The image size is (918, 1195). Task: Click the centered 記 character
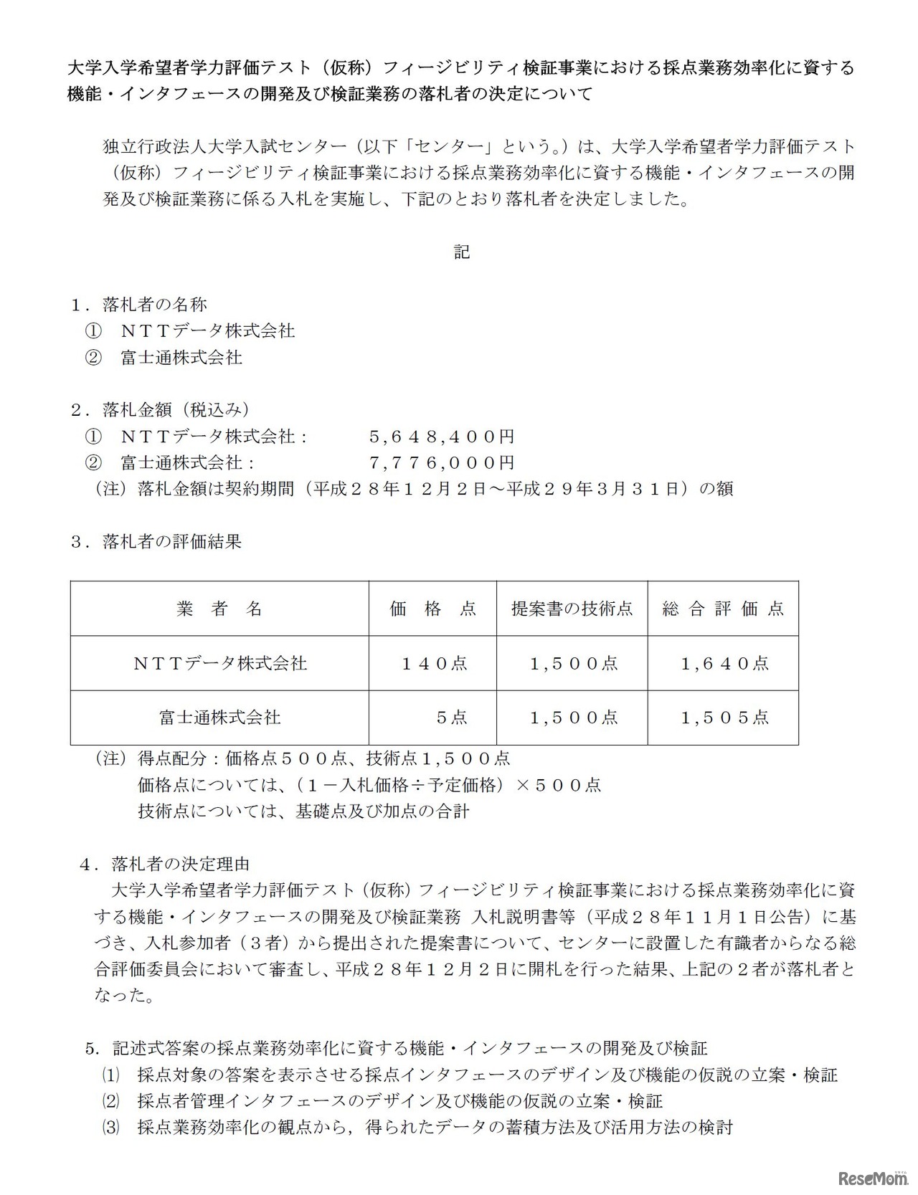pos(462,252)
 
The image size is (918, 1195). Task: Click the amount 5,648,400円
pos(442,437)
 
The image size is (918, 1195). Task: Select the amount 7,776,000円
pos(442,462)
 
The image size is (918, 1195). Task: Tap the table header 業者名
pos(219,609)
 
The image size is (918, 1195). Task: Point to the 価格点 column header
pos(432,609)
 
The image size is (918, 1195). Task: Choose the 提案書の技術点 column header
pos(572,609)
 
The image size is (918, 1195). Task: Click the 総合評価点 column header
pos(723,609)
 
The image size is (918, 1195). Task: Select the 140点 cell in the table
pos(434,663)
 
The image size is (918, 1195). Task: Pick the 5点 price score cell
pos(452,717)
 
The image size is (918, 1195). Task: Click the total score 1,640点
pos(724,663)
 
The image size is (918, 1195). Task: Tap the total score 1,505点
pos(724,717)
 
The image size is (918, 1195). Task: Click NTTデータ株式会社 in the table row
pos(219,663)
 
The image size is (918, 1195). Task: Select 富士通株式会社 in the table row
pos(219,717)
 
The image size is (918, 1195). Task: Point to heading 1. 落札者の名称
pos(139,305)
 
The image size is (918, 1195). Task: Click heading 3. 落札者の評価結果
pos(156,541)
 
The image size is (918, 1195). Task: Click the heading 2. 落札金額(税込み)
pos(160,409)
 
